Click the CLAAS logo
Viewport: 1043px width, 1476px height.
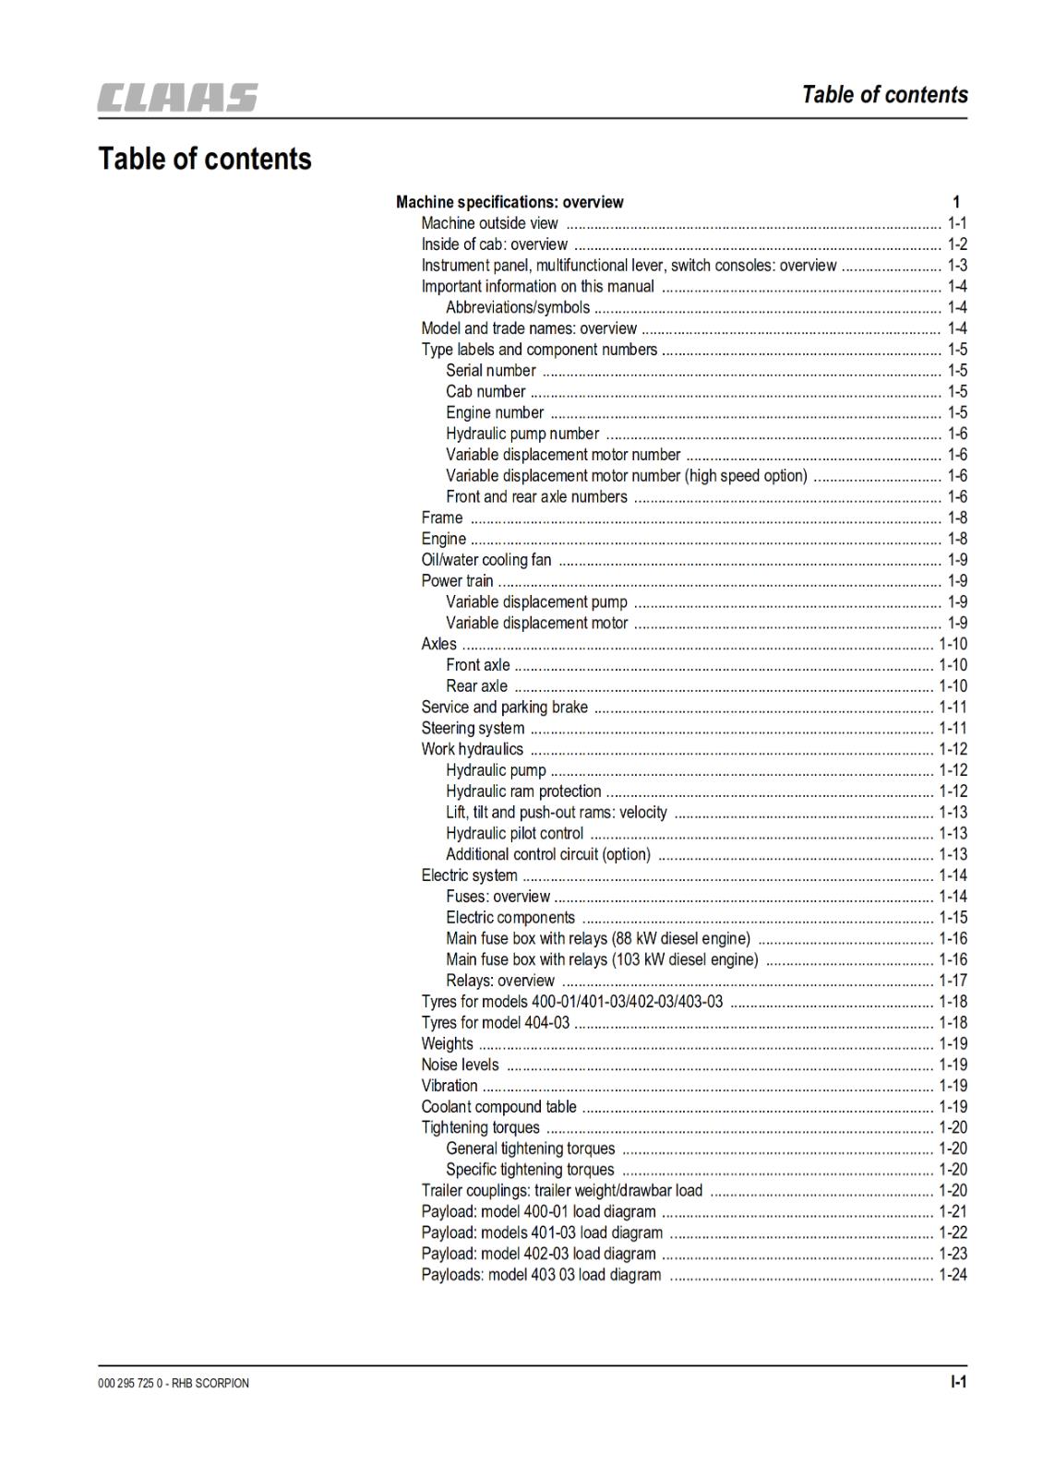pyautogui.click(x=178, y=98)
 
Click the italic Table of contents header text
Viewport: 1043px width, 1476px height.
pyautogui.click(x=884, y=95)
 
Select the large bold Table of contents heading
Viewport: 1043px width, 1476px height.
pyautogui.click(x=205, y=159)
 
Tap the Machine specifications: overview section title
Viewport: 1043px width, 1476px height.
pyautogui.click(x=510, y=202)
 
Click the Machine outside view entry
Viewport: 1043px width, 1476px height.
pyautogui.click(x=489, y=223)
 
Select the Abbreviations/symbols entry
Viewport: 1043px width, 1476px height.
pyautogui.click(x=517, y=307)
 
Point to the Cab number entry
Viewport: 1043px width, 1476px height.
pyautogui.click(x=486, y=392)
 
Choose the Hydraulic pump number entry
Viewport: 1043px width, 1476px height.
pyautogui.click(x=522, y=434)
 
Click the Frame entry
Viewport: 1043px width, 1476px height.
pyautogui.click(x=442, y=518)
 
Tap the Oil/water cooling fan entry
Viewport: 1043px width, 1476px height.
pyautogui.click(x=486, y=560)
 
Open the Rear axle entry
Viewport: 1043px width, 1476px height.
pyautogui.click(x=476, y=686)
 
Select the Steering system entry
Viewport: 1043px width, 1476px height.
pyautogui.click(x=473, y=729)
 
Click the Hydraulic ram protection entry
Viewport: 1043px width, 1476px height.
pyautogui.click(x=523, y=792)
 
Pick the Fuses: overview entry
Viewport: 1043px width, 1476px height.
pyautogui.click(x=498, y=897)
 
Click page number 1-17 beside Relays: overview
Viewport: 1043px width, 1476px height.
pyautogui.click(x=953, y=981)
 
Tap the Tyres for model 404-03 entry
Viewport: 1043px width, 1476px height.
pyautogui.click(x=496, y=1023)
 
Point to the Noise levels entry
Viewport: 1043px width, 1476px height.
pyautogui.click(x=460, y=1065)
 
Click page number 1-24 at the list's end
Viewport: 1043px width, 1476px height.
pyautogui.click(x=953, y=1275)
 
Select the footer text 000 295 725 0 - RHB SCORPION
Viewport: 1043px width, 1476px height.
pyautogui.click(x=174, y=1383)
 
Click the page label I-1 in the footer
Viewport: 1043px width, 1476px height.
pyautogui.click(x=958, y=1382)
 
